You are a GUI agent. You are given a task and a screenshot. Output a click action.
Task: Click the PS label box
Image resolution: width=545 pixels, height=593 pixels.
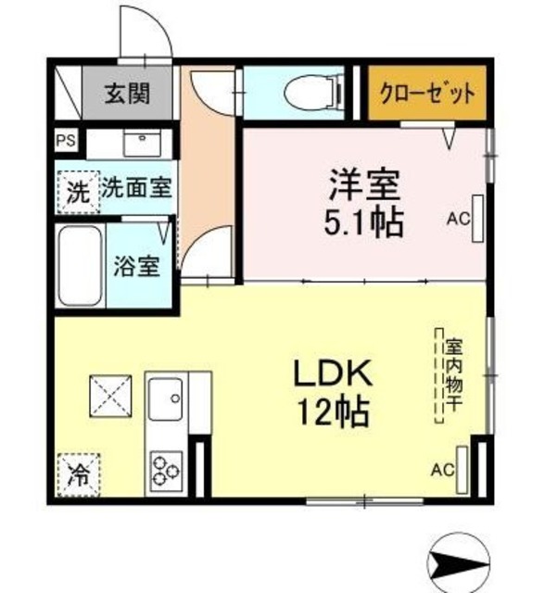click(x=66, y=143)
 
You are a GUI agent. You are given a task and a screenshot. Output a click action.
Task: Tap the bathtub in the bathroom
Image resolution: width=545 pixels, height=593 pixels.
click(x=81, y=266)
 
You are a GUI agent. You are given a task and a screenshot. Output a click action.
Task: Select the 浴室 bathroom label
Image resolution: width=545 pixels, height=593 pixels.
click(x=136, y=266)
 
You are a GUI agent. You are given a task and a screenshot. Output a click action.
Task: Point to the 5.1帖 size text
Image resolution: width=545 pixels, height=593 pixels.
click(x=363, y=223)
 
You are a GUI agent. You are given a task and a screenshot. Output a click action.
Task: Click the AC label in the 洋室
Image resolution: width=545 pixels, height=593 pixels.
click(x=457, y=221)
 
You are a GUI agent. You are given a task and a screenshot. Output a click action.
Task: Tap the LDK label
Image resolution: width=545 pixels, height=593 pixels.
click(x=332, y=373)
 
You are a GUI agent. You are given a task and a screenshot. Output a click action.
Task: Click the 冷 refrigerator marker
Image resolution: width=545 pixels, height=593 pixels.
click(x=80, y=475)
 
